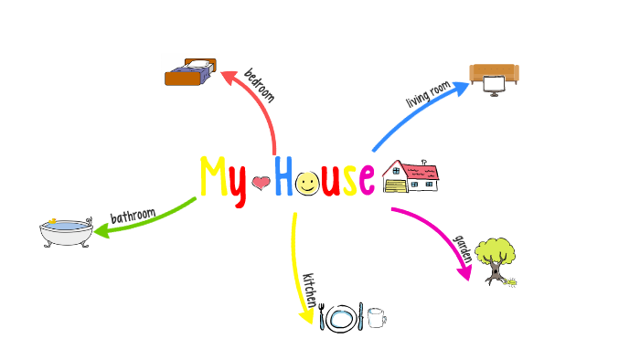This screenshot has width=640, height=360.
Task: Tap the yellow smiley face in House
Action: [308, 184]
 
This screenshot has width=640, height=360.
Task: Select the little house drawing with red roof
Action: [411, 176]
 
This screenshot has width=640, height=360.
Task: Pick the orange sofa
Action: [494, 73]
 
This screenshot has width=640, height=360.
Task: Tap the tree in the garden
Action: [496, 259]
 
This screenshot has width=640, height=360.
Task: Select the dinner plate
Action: [342, 318]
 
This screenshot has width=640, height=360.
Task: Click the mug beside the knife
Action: [376, 318]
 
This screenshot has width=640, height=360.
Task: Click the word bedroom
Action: [259, 85]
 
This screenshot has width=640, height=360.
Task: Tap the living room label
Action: [429, 91]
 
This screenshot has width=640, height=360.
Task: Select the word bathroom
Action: [133, 216]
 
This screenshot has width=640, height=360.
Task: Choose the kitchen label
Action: [310, 289]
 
